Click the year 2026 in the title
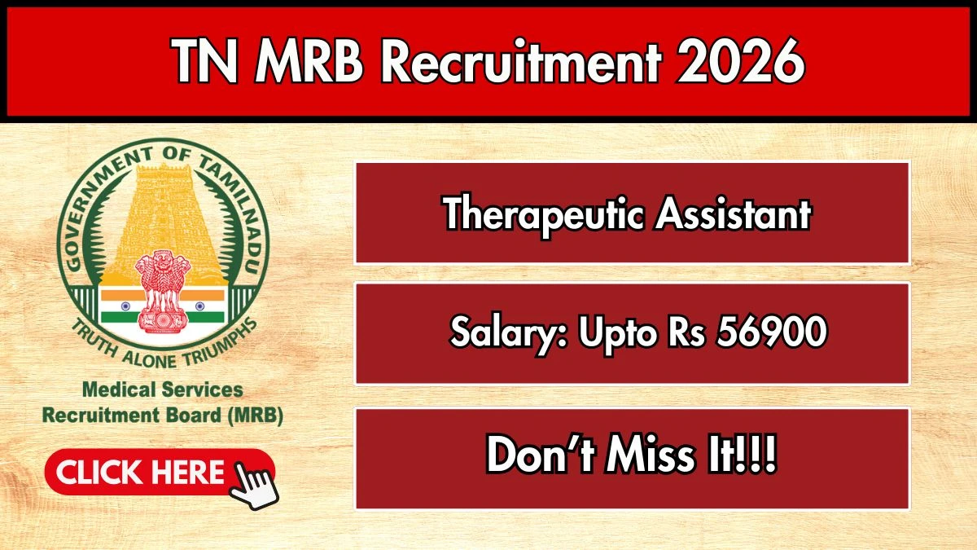pos(740,60)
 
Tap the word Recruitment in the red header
pos(521,60)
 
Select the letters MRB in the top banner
pos(309,60)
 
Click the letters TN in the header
pos(205,60)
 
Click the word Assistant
pos(733,213)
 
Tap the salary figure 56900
pos(772,331)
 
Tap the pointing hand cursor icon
pos(255,485)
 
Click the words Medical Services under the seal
pos(163,389)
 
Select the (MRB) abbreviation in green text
pos(255,416)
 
